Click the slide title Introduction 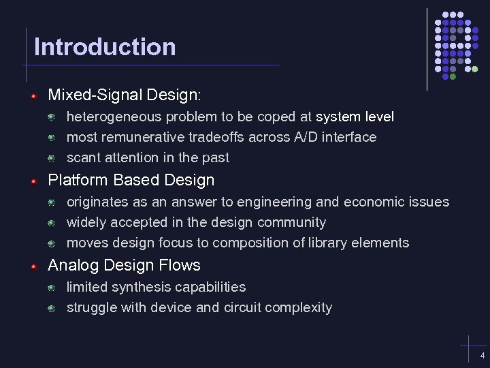[105, 47]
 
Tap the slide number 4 [482, 356]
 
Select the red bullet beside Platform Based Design [33, 181]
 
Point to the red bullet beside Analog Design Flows [33, 266]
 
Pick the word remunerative [144, 138]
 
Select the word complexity [298, 308]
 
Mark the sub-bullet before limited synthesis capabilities [52, 288]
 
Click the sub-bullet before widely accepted [52, 224]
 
